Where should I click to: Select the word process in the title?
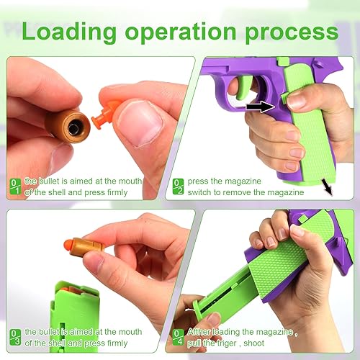(x=295, y=32)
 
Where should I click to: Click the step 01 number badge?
(x=14, y=186)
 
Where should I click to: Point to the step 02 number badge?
(x=178, y=186)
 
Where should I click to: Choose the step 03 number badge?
(x=14, y=337)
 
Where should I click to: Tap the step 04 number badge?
(x=178, y=337)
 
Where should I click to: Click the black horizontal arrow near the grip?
(x=258, y=107)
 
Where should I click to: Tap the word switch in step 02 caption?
(x=204, y=192)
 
